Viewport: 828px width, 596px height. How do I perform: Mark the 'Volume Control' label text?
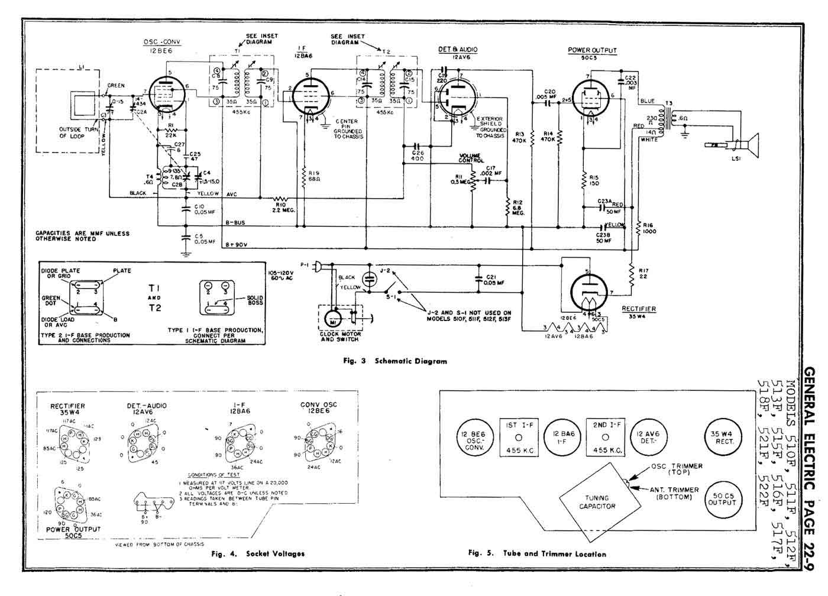(471, 157)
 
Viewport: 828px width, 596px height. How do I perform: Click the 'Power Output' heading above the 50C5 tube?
(592, 50)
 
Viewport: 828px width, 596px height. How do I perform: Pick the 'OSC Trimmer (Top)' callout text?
(677, 469)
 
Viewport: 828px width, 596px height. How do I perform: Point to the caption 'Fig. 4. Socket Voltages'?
(258, 554)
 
